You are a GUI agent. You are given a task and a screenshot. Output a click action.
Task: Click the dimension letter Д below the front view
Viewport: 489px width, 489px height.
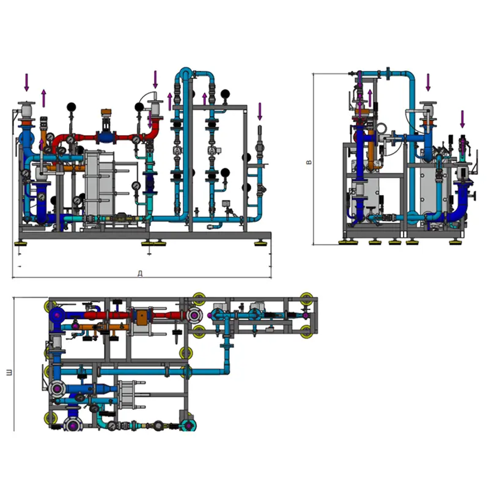(141, 273)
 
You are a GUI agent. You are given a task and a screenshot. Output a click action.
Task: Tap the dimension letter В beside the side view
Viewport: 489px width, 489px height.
(309, 162)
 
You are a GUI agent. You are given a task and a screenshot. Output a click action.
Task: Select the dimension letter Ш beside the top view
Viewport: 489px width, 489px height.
(9, 372)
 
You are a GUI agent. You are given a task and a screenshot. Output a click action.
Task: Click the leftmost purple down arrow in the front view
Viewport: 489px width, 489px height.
(27, 83)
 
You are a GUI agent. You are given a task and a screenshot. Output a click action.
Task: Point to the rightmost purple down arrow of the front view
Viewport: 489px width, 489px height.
(260, 111)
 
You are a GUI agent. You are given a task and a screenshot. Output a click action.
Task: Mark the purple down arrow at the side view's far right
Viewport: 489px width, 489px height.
(462, 119)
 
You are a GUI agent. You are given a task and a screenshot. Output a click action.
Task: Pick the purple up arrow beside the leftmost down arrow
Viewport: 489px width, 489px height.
(43, 98)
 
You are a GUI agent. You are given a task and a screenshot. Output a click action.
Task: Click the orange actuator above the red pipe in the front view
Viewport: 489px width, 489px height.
(106, 113)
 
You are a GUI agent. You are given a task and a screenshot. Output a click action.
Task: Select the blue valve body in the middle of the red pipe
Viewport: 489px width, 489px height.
(106, 137)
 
